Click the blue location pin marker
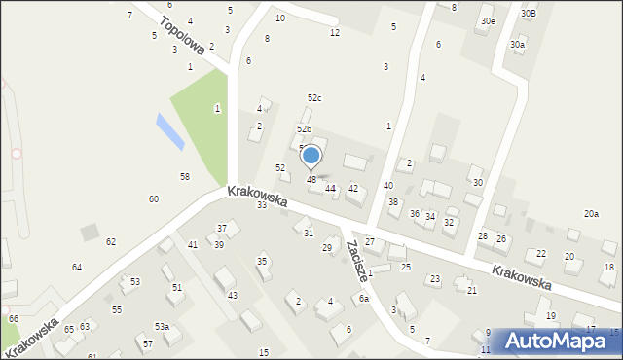311,157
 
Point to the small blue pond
168,130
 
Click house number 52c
314,98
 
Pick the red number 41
193,244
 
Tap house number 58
184,176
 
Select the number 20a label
591,214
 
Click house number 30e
488,21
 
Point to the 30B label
528,14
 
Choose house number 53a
162,327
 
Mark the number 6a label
363,299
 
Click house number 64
77,267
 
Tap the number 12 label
334,33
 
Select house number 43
232,295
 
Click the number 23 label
435,279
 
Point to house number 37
222,228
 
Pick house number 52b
305,129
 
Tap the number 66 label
13,319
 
